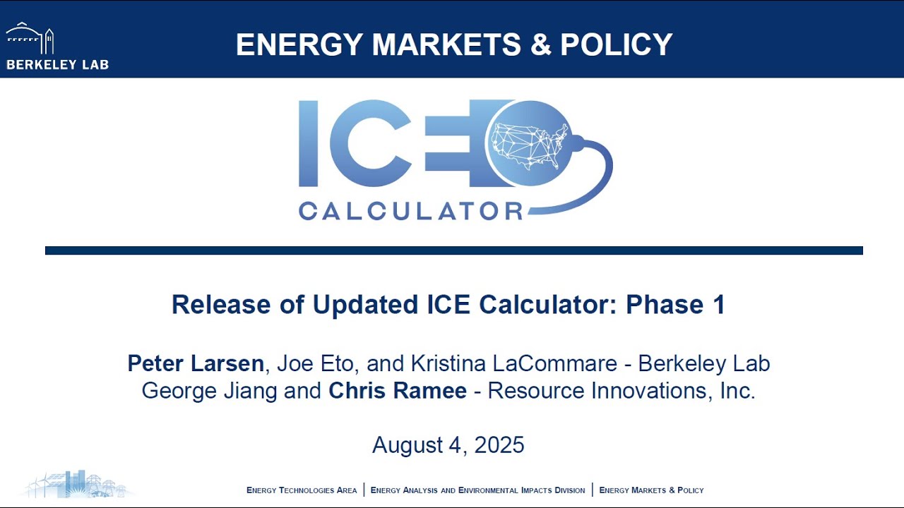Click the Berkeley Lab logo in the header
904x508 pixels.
coord(56,47)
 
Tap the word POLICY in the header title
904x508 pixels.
coord(616,44)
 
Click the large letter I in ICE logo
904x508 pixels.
coord(309,143)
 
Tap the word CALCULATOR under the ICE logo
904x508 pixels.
coord(410,210)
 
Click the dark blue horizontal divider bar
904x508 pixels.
coord(453,250)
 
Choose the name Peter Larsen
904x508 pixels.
coord(196,363)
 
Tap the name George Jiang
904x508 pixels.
coord(210,391)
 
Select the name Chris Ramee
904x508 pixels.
coord(398,391)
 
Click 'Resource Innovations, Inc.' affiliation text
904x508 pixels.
coord(621,391)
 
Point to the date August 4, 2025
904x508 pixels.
coord(448,445)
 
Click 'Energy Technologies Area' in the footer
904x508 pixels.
coord(302,490)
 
